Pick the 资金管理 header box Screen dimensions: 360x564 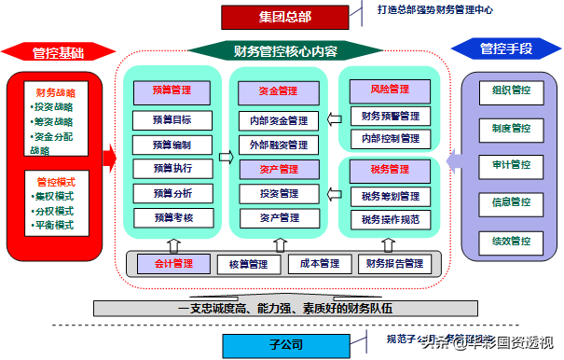click(x=278, y=91)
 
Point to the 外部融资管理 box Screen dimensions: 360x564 click(x=278, y=145)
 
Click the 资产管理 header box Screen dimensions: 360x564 click(x=278, y=170)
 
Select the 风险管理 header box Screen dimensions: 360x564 click(x=391, y=90)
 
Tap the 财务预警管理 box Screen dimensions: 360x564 click(x=391, y=117)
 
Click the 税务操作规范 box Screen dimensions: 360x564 click(x=391, y=219)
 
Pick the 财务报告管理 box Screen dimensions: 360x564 click(x=394, y=264)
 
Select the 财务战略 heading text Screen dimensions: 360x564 click(x=55, y=93)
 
